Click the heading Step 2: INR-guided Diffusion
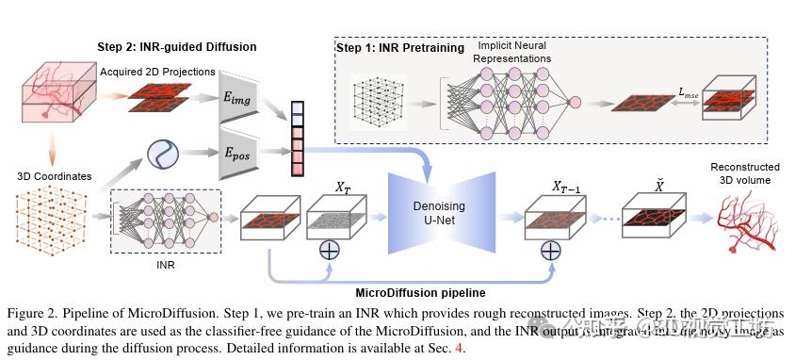[177, 46]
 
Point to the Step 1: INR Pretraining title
[400, 47]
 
